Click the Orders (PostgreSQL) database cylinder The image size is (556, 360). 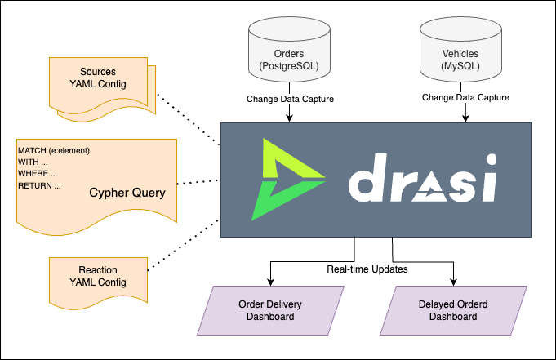coord(290,53)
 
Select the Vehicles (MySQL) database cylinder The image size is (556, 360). coord(465,53)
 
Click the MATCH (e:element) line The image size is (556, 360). coord(54,150)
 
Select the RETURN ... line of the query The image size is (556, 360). coord(39,186)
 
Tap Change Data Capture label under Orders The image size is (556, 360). coord(290,99)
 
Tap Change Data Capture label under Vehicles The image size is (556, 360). coord(465,97)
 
